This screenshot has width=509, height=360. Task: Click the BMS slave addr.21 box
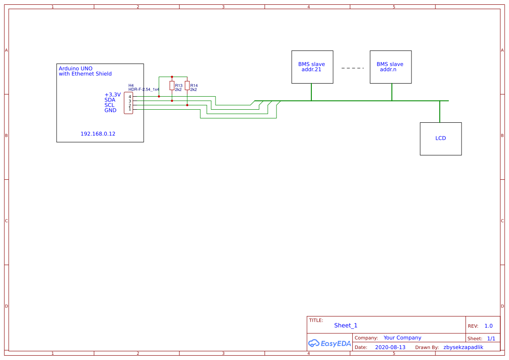[x=312, y=67]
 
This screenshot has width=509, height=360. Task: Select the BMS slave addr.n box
[x=391, y=67]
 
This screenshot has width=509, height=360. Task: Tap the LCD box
[x=441, y=138]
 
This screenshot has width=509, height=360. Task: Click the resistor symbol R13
[x=172, y=85]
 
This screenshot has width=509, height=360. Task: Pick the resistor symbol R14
[x=187, y=85]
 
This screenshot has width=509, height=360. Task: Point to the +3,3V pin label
[x=112, y=94]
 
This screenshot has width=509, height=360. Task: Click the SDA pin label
[x=110, y=100]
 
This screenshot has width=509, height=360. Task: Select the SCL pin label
[x=109, y=105]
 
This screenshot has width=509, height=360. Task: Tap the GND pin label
[x=110, y=110]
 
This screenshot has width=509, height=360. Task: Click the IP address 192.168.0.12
[x=98, y=134]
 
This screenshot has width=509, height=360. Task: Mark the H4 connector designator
[x=131, y=85]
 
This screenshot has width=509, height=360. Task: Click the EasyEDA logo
[x=330, y=343]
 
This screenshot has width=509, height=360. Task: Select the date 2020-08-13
[x=390, y=347]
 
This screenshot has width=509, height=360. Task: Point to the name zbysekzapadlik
[x=463, y=347]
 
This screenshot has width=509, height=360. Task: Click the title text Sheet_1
[x=346, y=325]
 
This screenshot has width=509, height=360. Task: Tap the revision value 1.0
[x=489, y=326]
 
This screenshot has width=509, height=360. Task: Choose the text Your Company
[x=402, y=337]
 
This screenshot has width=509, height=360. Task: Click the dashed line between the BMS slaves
[x=352, y=68]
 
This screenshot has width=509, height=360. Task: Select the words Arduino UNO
[x=75, y=68]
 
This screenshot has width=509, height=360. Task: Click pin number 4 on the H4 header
[x=130, y=97]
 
